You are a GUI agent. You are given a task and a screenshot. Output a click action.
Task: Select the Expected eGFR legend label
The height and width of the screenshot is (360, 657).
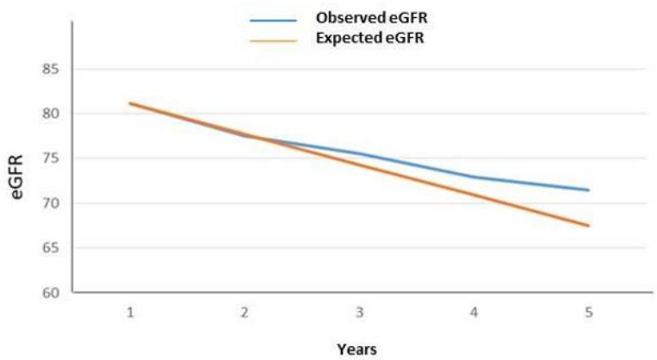click(372, 38)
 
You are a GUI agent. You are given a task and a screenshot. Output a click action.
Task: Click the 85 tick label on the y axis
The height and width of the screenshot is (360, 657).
click(49, 69)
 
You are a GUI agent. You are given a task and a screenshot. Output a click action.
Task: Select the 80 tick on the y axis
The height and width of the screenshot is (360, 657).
click(49, 114)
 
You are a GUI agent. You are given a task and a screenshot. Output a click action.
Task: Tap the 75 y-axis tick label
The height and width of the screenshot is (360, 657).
click(49, 158)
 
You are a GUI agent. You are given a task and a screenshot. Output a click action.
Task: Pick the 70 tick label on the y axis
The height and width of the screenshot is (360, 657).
click(49, 203)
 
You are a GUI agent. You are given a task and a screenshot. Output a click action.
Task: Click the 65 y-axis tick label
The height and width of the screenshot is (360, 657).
click(49, 248)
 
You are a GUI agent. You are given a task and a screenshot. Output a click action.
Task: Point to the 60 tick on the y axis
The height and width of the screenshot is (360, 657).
click(49, 293)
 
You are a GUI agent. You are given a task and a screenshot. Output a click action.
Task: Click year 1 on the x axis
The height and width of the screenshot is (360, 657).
click(130, 312)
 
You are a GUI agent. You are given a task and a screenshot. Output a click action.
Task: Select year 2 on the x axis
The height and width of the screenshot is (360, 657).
click(245, 312)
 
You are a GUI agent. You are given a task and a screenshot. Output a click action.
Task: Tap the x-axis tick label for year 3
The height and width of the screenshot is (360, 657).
click(359, 312)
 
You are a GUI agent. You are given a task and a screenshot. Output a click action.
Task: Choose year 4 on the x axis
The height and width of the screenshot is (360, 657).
click(474, 312)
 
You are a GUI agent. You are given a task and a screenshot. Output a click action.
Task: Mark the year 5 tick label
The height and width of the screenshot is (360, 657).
click(589, 312)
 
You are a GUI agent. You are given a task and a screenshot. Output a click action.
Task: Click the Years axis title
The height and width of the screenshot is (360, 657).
click(357, 349)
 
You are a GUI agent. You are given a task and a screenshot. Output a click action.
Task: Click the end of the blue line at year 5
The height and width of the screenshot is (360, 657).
click(589, 190)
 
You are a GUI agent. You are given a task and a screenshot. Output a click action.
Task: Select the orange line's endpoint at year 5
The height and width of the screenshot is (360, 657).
click(589, 226)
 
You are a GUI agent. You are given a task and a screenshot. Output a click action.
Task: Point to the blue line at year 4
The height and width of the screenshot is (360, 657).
click(474, 177)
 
